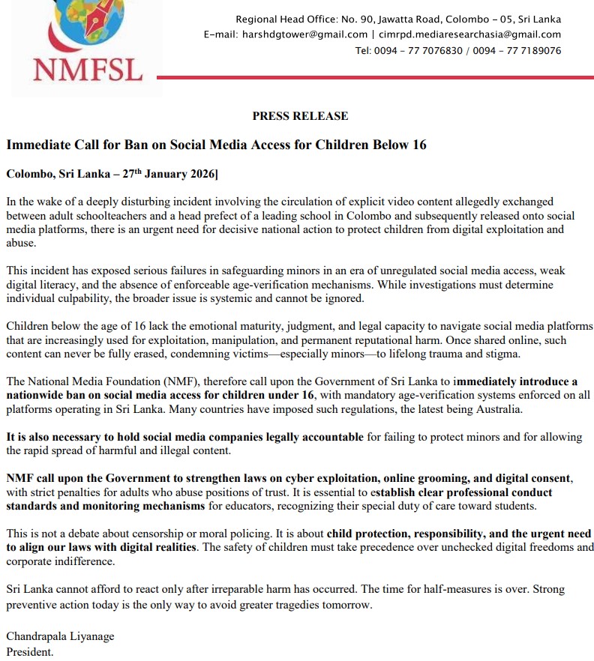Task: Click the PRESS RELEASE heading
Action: pyautogui.click(x=300, y=116)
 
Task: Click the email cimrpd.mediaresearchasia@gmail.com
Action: pyautogui.click(x=470, y=34)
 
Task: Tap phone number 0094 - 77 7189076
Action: pyautogui.click(x=517, y=51)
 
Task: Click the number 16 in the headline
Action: pyautogui.click(x=419, y=145)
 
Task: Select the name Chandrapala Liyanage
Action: pyautogui.click(x=60, y=637)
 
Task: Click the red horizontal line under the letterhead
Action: pyautogui.click(x=375, y=77)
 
